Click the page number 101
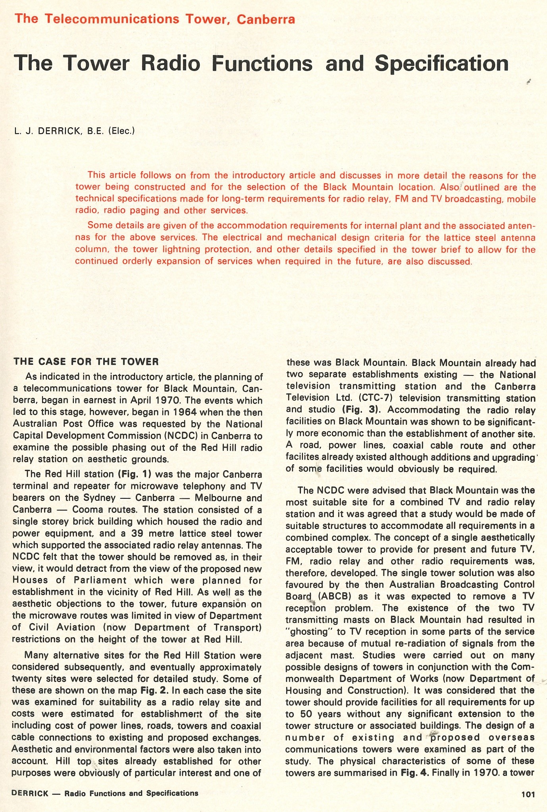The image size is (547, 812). pos(528,794)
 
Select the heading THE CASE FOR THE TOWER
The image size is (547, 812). pos(86,361)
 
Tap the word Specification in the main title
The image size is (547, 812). pos(441,63)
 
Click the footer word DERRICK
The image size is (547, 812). pos(30,793)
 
